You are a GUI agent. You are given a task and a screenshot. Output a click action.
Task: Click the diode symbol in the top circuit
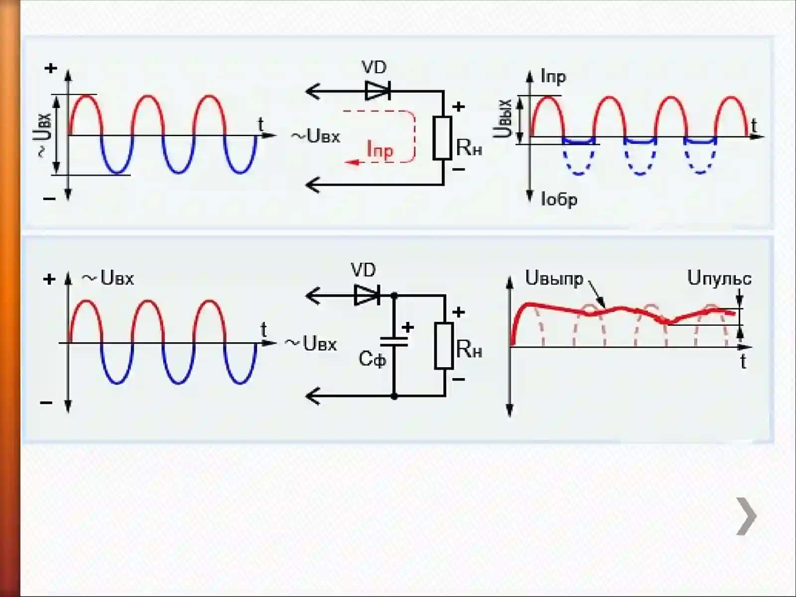[378, 90]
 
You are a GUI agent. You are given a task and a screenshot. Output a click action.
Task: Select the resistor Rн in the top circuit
[442, 138]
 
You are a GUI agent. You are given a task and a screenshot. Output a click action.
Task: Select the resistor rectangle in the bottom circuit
[444, 346]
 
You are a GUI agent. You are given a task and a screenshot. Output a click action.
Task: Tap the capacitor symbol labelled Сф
[394, 342]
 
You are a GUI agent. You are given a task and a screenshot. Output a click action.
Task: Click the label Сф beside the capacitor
[372, 359]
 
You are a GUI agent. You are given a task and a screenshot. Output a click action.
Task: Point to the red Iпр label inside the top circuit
[380, 150]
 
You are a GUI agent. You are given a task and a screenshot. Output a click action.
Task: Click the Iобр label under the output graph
[559, 199]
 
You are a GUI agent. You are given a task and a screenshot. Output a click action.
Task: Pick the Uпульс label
[719, 279]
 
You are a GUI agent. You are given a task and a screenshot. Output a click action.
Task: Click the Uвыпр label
[554, 279]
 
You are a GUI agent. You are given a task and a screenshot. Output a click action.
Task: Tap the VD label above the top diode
[374, 67]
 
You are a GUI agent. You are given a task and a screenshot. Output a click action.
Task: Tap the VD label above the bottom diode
[363, 270]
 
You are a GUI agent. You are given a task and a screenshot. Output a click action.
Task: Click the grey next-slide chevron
[746, 516]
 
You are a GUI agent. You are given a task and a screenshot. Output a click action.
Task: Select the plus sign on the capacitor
[407, 327]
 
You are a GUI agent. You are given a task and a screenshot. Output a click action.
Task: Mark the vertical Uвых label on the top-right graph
[502, 118]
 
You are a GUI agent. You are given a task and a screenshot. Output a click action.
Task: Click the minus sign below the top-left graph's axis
[49, 199]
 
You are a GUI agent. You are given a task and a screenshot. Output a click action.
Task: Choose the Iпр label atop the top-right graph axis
[553, 77]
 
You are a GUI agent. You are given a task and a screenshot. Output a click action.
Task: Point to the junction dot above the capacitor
[394, 296]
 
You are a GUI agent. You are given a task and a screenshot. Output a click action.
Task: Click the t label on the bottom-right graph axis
[743, 361]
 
